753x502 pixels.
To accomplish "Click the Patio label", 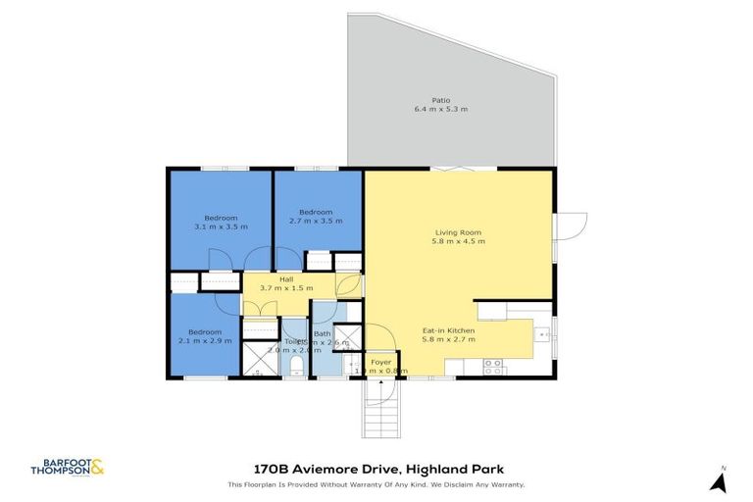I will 440,100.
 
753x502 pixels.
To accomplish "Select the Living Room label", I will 460,232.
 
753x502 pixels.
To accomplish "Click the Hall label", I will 286,279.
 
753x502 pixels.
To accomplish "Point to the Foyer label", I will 379,362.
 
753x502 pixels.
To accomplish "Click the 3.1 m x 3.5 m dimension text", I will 221,226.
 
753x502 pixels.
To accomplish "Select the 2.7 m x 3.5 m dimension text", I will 316,222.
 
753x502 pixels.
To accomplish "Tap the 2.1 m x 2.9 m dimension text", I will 204,340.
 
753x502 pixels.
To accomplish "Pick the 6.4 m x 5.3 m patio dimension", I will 440,110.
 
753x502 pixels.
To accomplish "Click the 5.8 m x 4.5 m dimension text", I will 460,241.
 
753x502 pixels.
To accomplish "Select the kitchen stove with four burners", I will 493,366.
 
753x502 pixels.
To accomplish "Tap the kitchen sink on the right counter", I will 540,335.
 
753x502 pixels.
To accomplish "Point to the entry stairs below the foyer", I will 381,406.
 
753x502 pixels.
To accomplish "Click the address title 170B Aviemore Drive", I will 376,471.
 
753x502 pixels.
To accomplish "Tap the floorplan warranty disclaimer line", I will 376,484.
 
